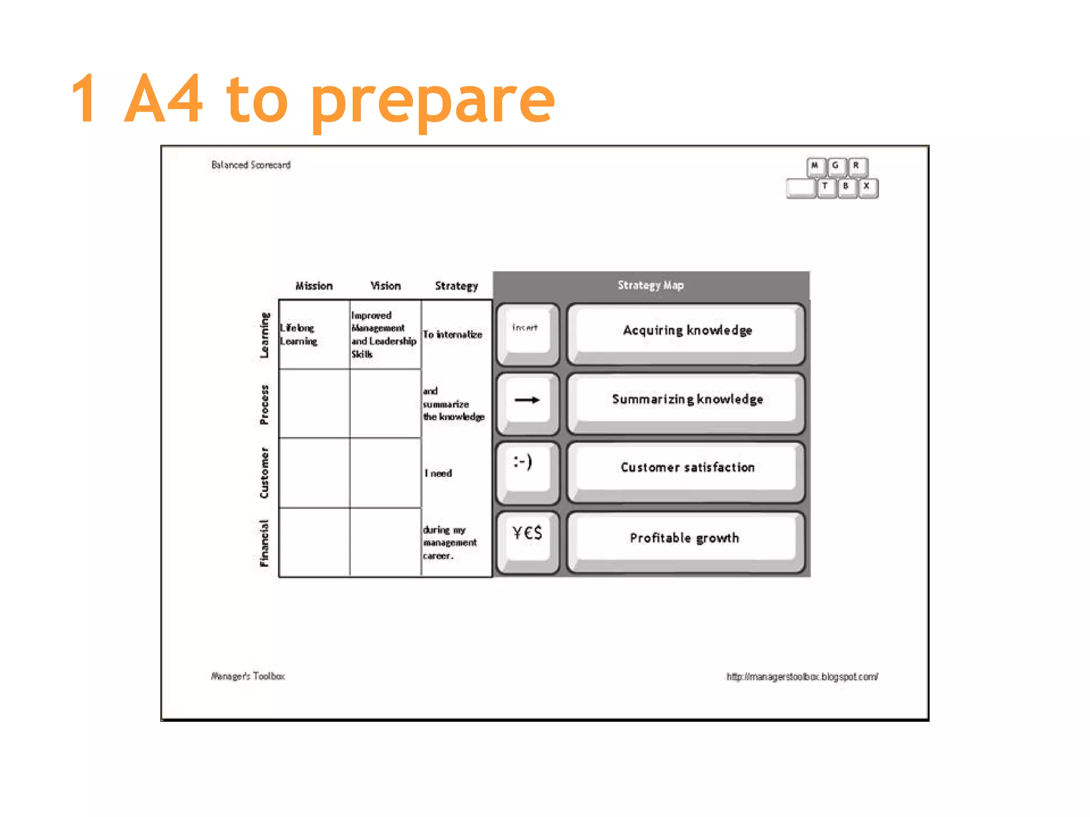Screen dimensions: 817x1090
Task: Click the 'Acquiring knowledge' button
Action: point(687,331)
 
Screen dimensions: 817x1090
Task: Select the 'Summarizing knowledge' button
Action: point(687,400)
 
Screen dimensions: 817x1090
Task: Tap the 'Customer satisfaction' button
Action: point(687,468)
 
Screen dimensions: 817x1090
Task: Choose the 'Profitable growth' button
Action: point(686,538)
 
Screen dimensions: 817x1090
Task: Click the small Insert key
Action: point(527,330)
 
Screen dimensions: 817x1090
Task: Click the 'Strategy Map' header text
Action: point(650,286)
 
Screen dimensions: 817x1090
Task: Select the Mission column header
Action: point(314,286)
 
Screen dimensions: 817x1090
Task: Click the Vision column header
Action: point(385,286)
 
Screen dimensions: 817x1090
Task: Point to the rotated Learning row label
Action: point(265,335)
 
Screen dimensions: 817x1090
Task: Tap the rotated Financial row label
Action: point(265,543)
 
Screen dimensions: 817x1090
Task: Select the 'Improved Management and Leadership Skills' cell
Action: point(383,335)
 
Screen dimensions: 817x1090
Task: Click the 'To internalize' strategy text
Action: point(452,335)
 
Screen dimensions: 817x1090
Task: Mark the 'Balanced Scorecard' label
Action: point(251,165)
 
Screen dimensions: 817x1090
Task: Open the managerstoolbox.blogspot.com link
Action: point(802,677)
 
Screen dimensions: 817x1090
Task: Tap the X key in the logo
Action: point(867,187)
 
